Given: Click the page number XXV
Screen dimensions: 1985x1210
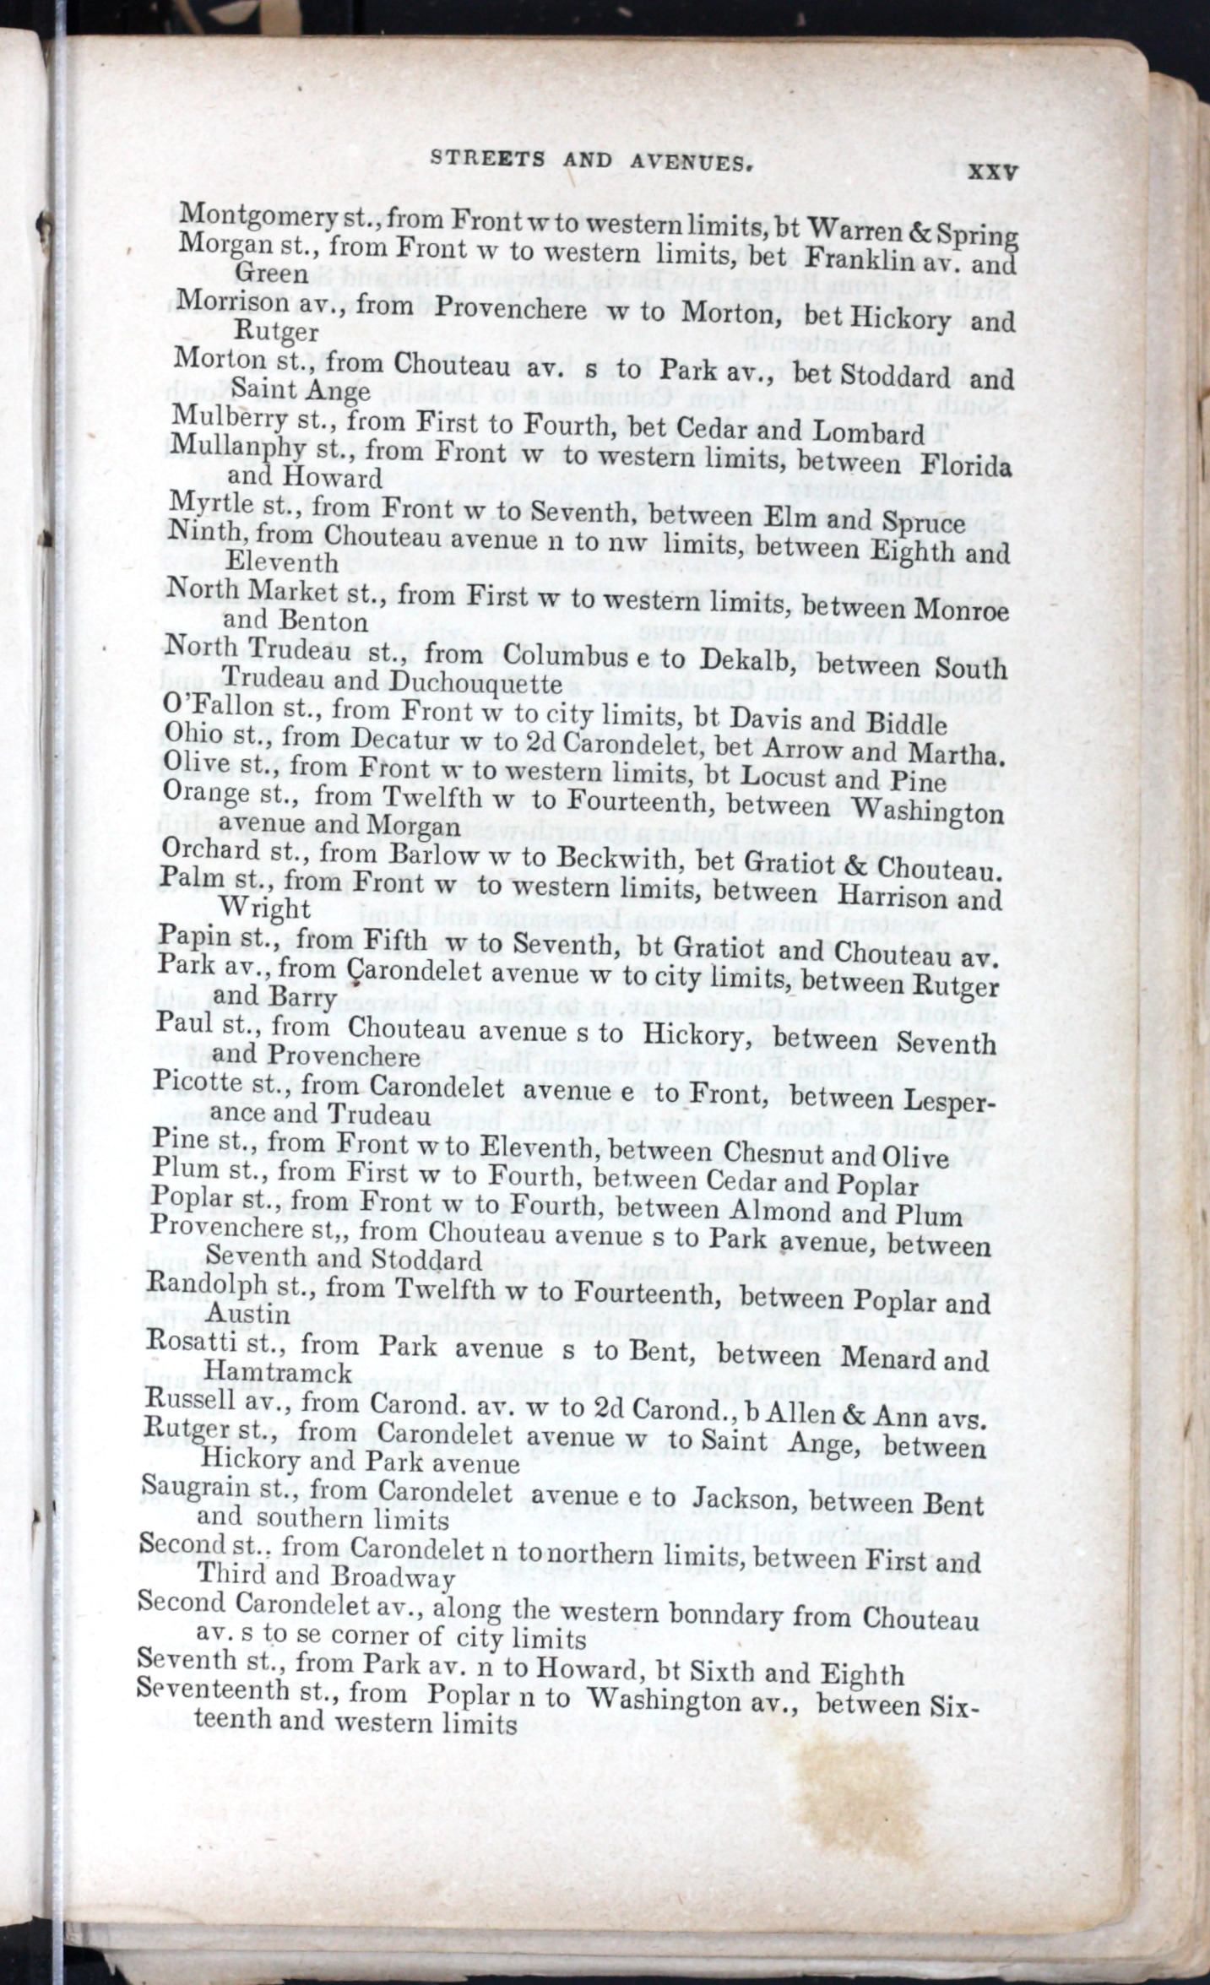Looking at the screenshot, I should (992, 171).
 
